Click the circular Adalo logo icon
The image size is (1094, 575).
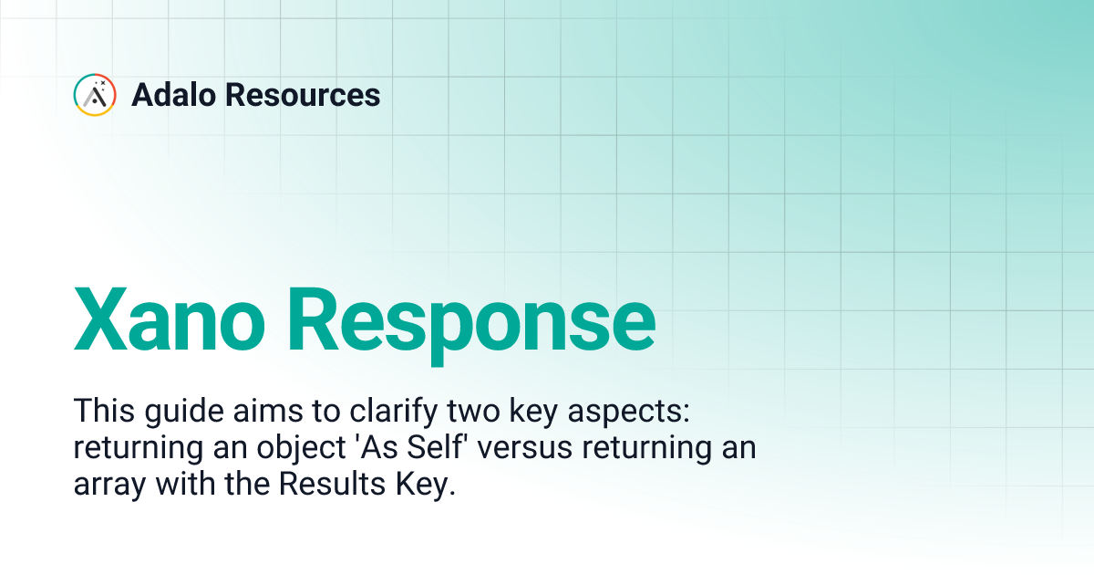click(x=95, y=95)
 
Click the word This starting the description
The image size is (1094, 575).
click(x=102, y=411)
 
